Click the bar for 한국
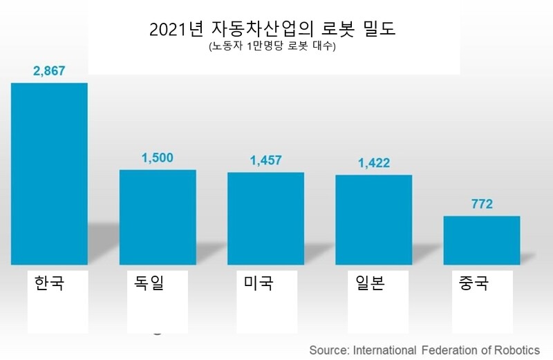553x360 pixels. [x=49, y=173]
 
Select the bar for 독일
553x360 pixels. [x=158, y=217]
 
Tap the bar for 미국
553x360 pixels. [x=265, y=218]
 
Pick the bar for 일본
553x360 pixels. [x=374, y=220]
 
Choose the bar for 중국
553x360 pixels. [x=481, y=240]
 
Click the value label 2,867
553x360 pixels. [x=49, y=71]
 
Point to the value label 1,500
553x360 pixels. [x=158, y=158]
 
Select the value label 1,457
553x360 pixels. [x=265, y=160]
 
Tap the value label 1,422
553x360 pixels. [x=374, y=163]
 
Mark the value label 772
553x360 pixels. [x=481, y=205]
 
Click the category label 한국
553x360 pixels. [x=49, y=283]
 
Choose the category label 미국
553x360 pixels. [x=259, y=283]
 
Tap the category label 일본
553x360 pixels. [x=366, y=283]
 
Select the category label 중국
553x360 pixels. [x=474, y=283]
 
